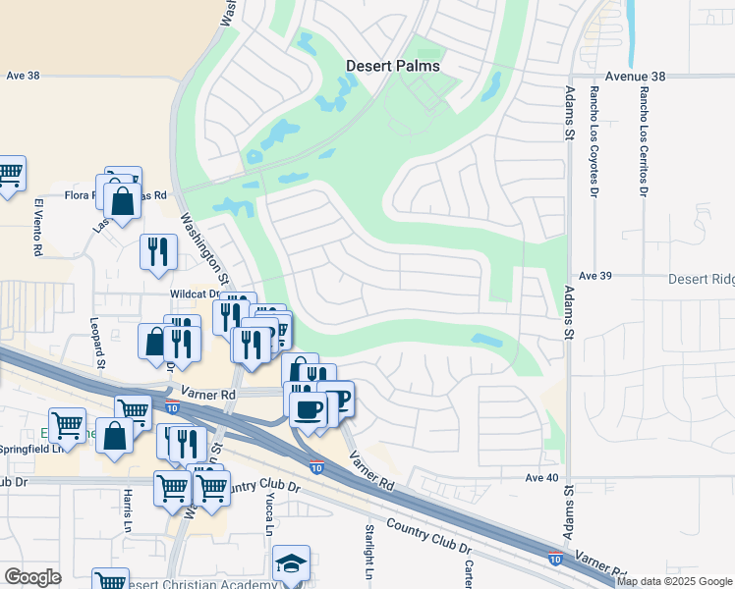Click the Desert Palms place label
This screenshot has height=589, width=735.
392,67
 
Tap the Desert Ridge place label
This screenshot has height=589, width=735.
702,279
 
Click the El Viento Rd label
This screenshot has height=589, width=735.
38,228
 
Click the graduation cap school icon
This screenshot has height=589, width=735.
291,563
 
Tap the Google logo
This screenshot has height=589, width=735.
32,577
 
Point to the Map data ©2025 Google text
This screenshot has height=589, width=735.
674,581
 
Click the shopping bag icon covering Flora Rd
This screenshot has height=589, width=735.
122,202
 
